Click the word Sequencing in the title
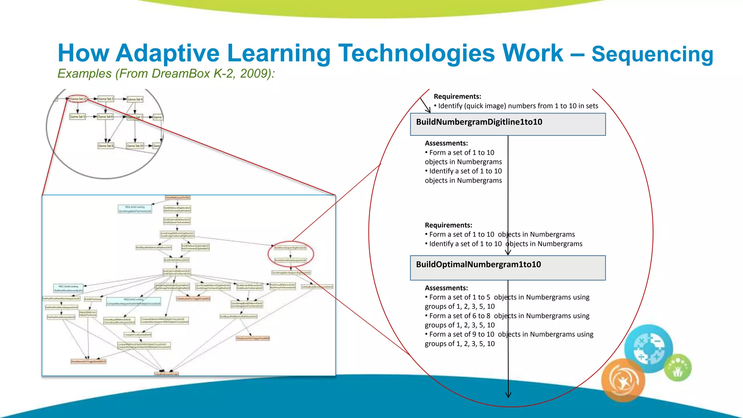[652, 54]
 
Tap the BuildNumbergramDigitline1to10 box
[508, 124]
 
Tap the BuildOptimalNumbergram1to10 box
[508, 268]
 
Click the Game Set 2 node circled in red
[78, 99]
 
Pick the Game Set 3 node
[106, 99]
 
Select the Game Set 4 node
[135, 99]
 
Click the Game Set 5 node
[77, 117]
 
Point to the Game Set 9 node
[106, 146]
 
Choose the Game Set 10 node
[135, 146]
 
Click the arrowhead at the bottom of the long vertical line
[508, 395]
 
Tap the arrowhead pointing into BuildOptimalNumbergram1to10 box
[508, 253]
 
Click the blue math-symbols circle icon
[649, 348]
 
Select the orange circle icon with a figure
[623, 380]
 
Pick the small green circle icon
[678, 368]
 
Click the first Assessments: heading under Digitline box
[446, 143]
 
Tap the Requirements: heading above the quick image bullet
[457, 97]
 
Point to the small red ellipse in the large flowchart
[291, 254]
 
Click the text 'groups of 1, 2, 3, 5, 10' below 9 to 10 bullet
[460, 344]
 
